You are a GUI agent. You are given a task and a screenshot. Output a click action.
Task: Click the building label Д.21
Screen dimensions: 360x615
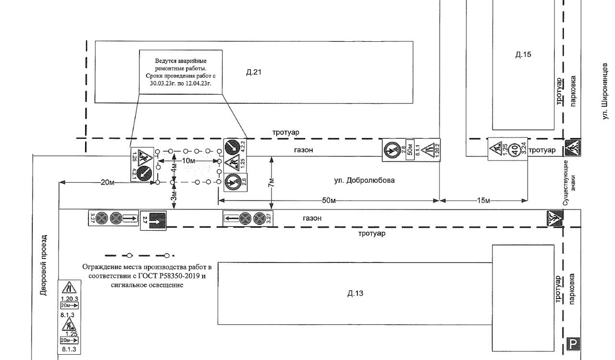point(254,73)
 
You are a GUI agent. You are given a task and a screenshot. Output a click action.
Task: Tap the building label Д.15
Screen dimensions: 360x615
point(523,54)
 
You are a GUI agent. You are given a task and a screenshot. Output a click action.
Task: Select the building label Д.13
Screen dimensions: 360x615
point(355,293)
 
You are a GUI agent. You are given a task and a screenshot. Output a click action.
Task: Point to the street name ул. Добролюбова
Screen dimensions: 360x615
point(364,181)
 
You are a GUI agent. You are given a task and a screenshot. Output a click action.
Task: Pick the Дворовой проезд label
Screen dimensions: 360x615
point(44,265)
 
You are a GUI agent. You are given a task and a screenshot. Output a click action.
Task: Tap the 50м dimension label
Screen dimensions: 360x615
point(329,200)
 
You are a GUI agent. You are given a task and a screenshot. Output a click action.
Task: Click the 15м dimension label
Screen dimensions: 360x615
point(483,200)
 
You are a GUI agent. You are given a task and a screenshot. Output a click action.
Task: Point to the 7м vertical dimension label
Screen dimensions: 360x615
point(271,182)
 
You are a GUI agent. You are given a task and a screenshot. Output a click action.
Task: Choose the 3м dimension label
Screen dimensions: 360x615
point(174,197)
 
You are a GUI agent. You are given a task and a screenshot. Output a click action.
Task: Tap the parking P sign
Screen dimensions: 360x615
point(574,344)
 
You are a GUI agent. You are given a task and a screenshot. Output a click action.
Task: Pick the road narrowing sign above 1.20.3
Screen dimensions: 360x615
point(69,288)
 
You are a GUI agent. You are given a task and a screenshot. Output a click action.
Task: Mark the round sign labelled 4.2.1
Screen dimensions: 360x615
point(142,173)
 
